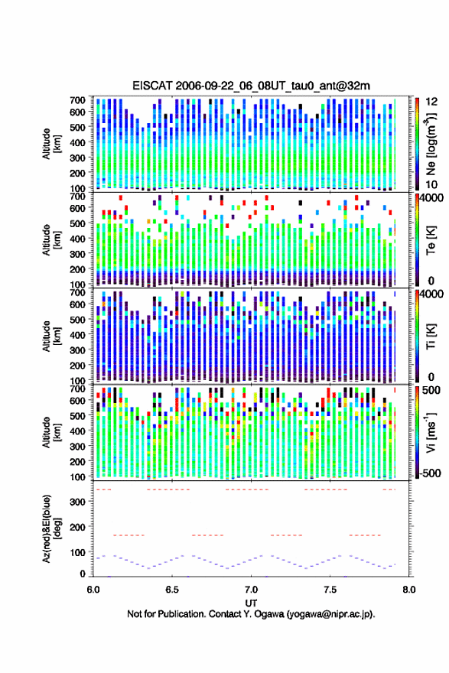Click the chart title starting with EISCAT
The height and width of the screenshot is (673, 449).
(x=251, y=86)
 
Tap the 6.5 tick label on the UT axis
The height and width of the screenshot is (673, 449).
(x=171, y=590)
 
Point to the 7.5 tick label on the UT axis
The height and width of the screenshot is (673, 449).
(x=330, y=590)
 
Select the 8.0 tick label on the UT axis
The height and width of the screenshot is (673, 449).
(x=408, y=590)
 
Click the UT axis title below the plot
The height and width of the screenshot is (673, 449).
(x=251, y=603)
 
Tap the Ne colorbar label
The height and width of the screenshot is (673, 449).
(x=431, y=145)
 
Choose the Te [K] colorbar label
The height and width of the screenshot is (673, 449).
(x=431, y=240)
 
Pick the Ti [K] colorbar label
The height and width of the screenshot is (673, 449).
(x=431, y=336)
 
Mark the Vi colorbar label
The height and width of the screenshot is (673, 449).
(x=431, y=432)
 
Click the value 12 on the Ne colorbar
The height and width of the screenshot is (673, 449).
(x=431, y=101)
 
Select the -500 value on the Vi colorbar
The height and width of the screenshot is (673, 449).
(x=429, y=473)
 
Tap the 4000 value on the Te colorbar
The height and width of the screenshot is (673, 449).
(x=431, y=197)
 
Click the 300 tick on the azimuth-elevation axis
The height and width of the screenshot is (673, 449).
(x=78, y=502)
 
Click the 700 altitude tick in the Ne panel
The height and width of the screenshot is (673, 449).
(x=78, y=100)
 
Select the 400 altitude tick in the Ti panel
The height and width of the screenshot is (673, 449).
(x=78, y=334)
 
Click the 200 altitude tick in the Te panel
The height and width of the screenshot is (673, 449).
(x=78, y=269)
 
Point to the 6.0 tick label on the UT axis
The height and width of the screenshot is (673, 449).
(x=93, y=590)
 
